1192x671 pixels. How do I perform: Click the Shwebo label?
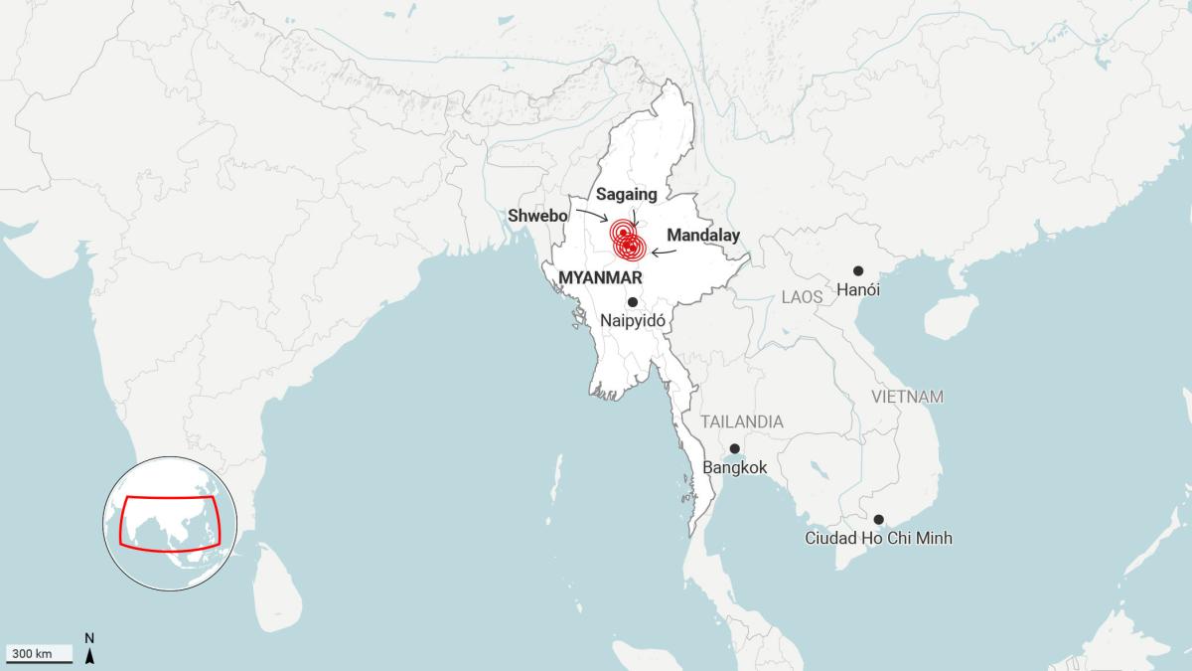coord(537,215)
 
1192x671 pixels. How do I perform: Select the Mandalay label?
coord(703,236)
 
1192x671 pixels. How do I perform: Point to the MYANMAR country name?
coord(601,277)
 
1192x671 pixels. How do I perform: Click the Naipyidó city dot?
coord(632,301)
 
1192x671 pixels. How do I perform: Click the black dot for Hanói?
coord(858,270)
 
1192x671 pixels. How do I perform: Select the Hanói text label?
coord(858,290)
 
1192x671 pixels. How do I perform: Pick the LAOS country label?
coord(803,297)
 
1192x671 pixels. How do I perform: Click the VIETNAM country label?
coord(907,397)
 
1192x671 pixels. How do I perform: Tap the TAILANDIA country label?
coord(742,421)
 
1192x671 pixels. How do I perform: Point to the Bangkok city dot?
coord(734,448)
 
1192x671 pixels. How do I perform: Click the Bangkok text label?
coord(735,467)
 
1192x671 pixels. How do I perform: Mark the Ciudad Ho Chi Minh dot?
coord(878,519)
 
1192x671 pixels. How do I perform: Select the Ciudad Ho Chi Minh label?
coord(879,539)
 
